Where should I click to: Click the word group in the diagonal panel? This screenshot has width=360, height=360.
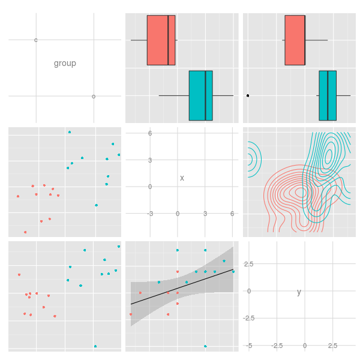(65, 64)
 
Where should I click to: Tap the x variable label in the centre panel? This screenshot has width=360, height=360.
(182, 178)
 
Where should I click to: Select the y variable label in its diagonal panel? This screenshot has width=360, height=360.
(299, 292)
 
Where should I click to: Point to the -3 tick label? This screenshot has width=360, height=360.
(150, 214)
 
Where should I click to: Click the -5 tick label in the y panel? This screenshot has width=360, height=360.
(249, 346)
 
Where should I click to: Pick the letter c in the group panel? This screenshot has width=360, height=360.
(35, 40)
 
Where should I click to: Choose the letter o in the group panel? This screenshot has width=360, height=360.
(94, 97)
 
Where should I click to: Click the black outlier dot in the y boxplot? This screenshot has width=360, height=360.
(248, 95)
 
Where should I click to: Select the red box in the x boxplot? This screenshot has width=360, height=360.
(161, 40)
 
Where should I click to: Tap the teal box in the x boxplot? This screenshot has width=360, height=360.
(201, 95)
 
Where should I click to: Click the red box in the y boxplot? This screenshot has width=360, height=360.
(295, 40)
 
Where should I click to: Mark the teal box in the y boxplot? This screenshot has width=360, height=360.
(328, 95)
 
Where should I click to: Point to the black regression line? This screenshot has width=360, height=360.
(182, 287)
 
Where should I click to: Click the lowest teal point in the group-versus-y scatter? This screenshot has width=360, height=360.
(95, 346)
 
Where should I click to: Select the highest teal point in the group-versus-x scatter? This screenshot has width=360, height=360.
(70, 132)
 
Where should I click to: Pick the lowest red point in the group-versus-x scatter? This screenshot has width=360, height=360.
(25, 232)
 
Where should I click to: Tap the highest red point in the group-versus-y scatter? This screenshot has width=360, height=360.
(19, 275)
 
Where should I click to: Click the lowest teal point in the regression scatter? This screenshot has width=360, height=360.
(205, 346)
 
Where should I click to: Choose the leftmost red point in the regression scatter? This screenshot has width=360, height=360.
(131, 314)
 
